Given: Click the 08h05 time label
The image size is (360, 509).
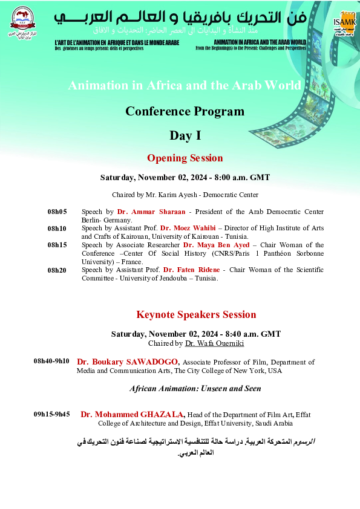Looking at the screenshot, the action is click(57, 212).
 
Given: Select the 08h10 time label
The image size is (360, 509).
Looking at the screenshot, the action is click(57, 229).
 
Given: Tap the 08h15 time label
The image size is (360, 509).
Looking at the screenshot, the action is click(57, 245).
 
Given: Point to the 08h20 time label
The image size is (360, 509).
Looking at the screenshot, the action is click(57, 270).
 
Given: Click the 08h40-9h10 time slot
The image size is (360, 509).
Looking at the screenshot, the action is click(51, 361).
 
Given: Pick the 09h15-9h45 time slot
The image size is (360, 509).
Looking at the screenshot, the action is click(51, 414).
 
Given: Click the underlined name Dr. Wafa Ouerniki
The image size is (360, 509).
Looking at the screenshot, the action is click(207, 343).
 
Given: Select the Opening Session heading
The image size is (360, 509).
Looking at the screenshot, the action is click(185, 158).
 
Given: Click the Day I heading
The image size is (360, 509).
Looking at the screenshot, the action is click(185, 135).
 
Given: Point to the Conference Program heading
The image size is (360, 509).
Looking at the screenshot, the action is click(185, 111).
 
